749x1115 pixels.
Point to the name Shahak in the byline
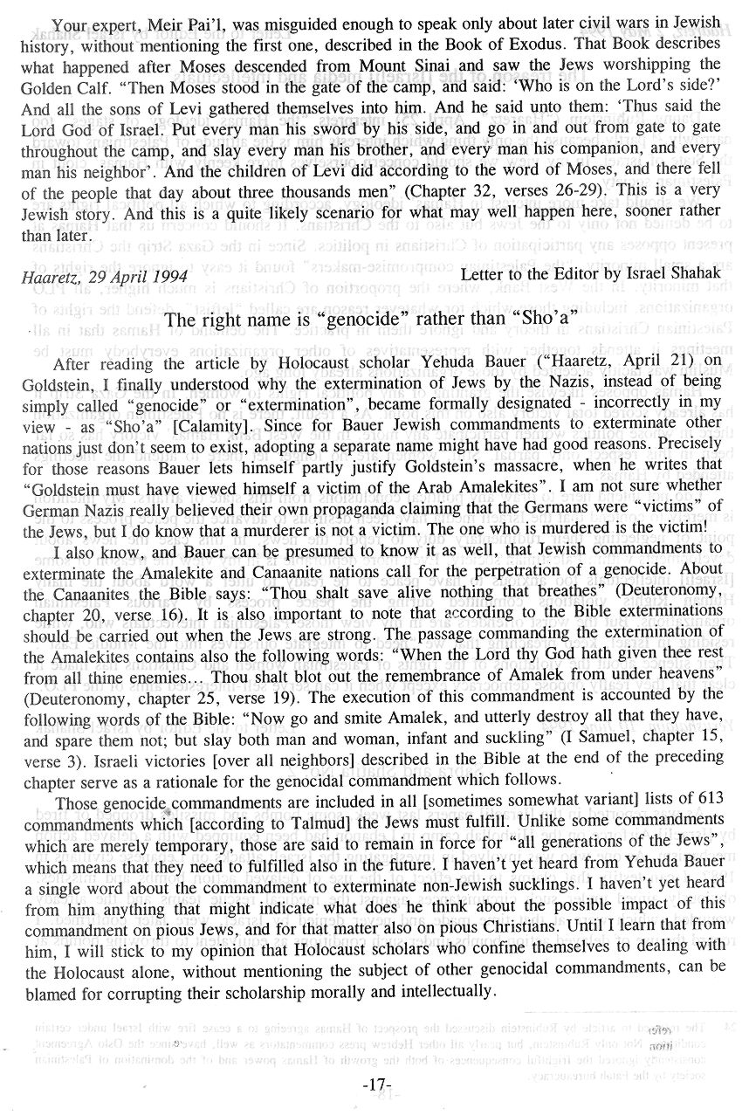point(693,277)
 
